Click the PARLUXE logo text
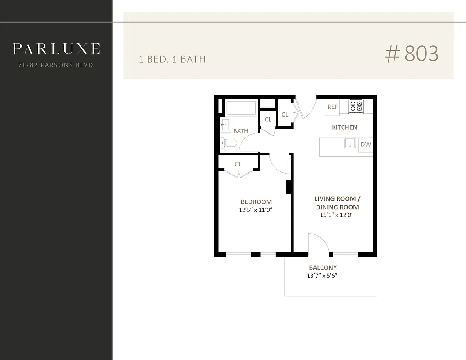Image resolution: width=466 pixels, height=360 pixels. pos(56,48)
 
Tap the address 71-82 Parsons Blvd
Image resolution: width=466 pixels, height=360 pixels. pos(56,65)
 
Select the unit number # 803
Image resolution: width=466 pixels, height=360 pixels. pos(411,54)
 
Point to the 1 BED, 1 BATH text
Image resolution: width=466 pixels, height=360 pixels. pos(172,59)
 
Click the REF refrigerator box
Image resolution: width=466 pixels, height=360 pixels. pos(333,107)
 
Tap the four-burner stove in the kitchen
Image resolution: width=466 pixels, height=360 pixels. pos(356,106)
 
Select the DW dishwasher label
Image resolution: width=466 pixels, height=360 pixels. pos(366,144)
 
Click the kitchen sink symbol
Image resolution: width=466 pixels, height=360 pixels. pos(350,144)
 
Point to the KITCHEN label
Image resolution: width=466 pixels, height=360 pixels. pos(344,127)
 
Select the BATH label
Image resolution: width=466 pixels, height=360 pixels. pos(240,131)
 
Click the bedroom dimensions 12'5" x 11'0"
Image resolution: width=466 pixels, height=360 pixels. pos(256,210)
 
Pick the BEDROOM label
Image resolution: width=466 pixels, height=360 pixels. pos(256,202)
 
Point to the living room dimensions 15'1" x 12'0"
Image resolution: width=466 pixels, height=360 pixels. pos(337,215)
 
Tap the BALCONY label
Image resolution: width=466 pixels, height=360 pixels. pos(323,267)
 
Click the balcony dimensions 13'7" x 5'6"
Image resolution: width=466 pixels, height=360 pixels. pos(323,275)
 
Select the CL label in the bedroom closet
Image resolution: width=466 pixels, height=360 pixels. pos(238,164)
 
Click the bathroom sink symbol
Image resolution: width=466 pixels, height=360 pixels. pos(225,124)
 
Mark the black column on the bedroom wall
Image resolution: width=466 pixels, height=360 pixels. pos(289,186)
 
